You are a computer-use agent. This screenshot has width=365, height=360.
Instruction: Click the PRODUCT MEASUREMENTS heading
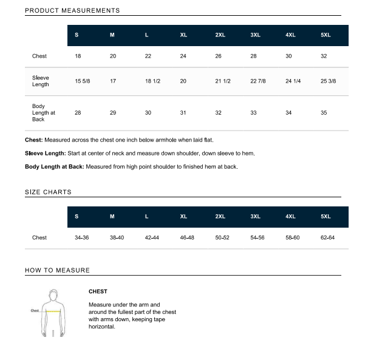pyautogui.click(x=72, y=10)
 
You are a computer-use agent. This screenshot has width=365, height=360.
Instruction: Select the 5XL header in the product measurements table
pyautogui.click(x=326, y=35)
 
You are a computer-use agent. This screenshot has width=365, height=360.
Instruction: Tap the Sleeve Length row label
pyautogui.click(x=41, y=81)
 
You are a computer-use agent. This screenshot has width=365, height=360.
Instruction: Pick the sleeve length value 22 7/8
pyautogui.click(x=258, y=81)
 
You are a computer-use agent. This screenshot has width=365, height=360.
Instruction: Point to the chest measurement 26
pyautogui.click(x=219, y=56)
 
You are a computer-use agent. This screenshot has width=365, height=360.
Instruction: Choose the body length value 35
pyautogui.click(x=324, y=112)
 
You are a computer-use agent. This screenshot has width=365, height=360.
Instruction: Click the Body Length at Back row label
pyautogui.click(x=43, y=112)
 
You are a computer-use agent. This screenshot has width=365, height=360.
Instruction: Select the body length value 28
pyautogui.click(x=78, y=112)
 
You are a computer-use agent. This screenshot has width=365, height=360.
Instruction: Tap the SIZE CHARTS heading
pyautogui.click(x=48, y=192)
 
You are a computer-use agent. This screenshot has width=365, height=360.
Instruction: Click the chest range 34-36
pyautogui.click(x=81, y=237)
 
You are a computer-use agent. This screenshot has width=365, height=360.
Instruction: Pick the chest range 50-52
pyautogui.click(x=222, y=237)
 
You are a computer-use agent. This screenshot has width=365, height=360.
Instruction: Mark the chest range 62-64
pyautogui.click(x=327, y=237)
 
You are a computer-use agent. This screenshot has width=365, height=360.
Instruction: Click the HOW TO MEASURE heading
pyautogui.click(x=57, y=270)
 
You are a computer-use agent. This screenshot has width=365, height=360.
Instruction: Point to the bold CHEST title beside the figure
pyautogui.click(x=98, y=291)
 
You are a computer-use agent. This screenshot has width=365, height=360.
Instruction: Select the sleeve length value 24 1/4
pyautogui.click(x=293, y=81)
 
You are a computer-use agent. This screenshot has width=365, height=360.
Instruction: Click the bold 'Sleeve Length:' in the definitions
pyautogui.click(x=46, y=153)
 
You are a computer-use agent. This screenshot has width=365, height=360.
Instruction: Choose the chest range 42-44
pyautogui.click(x=152, y=237)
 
